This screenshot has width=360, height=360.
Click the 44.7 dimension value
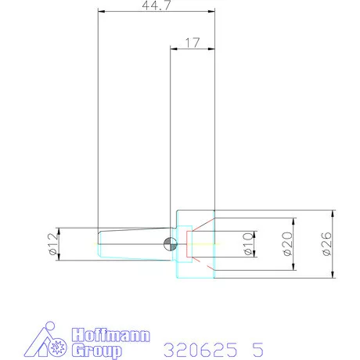(157, 5)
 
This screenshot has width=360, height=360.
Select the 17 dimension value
(193, 43)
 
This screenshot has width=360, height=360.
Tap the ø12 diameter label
(52, 244)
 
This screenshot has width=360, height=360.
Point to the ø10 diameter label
(248, 244)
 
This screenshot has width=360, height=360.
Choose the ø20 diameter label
(287, 244)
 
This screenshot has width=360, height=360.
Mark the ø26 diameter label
(326, 244)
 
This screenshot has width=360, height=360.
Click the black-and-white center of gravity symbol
(171, 244)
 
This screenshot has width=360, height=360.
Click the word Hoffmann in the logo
(111, 335)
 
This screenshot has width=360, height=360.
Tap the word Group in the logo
(97, 351)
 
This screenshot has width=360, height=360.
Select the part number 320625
(200, 350)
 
